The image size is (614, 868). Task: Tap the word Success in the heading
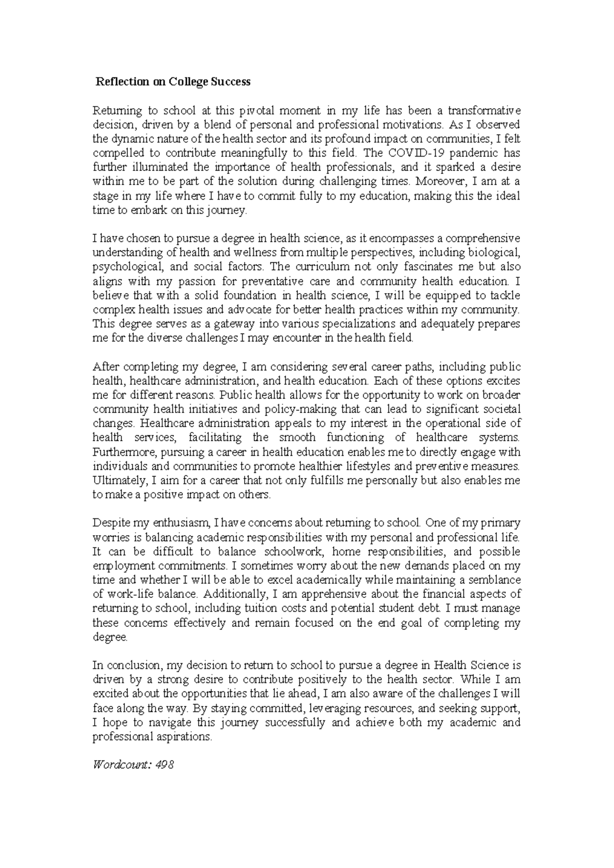pyautogui.click(x=231, y=82)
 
